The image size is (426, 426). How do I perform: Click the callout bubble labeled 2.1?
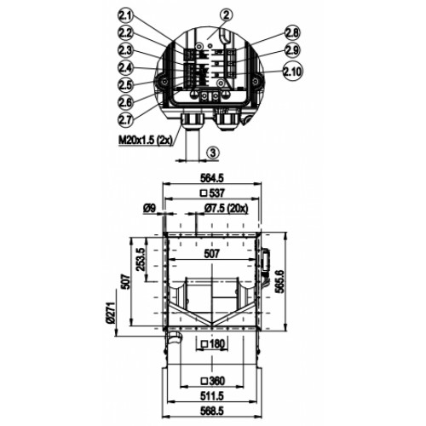click(x=125, y=17)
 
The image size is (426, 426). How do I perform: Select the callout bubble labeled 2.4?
click(x=125, y=67)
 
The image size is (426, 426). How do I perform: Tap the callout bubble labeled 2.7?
click(x=125, y=119)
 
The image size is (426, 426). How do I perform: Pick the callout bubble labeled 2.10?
click(x=293, y=72)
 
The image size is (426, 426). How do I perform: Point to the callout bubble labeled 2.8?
click(x=292, y=33)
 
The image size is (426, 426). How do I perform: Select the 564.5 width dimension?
click(x=212, y=178)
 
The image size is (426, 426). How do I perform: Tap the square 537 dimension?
click(x=212, y=193)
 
